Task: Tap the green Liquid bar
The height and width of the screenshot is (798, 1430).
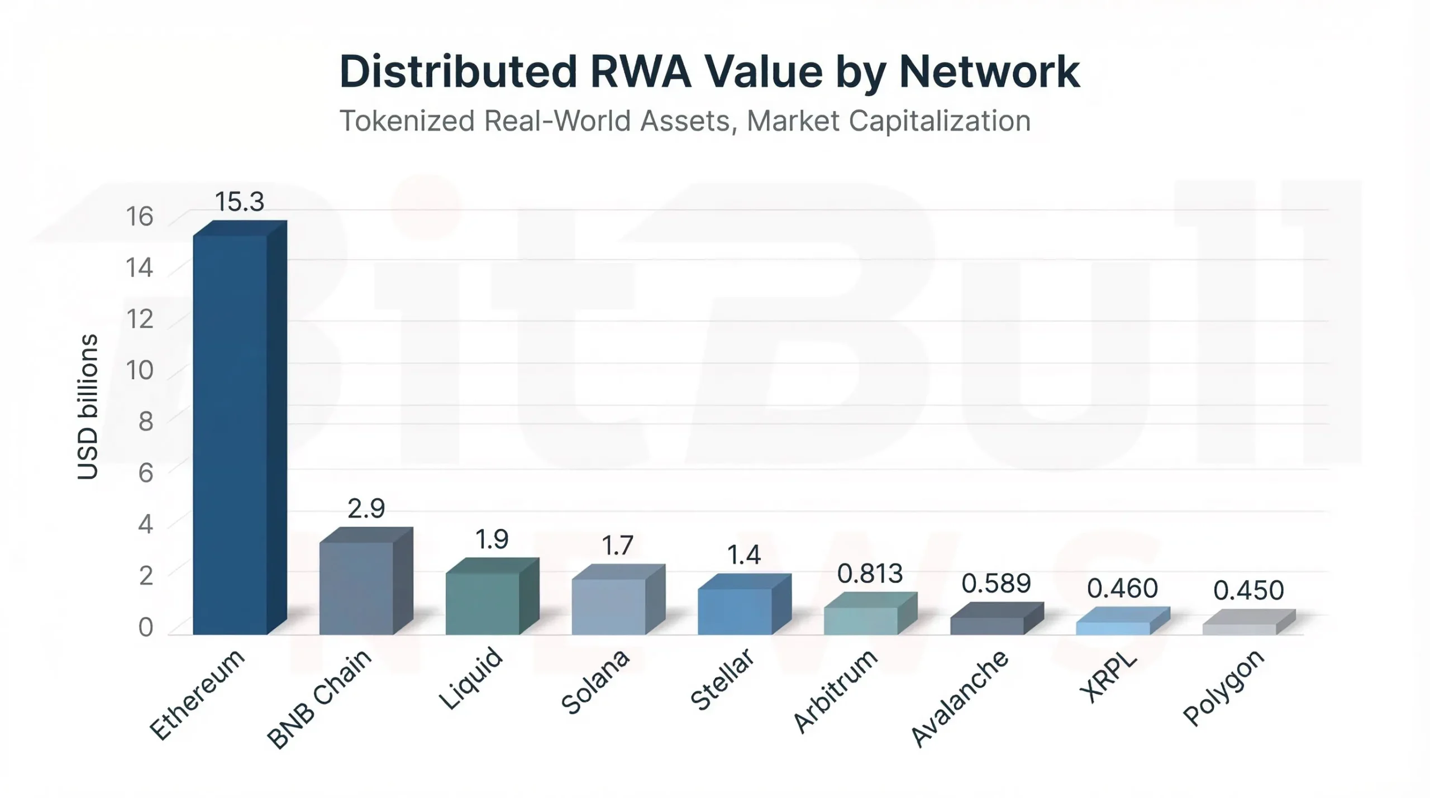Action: (483, 603)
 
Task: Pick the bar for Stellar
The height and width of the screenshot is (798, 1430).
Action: (735, 611)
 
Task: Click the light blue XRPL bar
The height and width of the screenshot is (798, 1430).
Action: (1113, 628)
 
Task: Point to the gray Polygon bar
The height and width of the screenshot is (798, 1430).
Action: (1239, 629)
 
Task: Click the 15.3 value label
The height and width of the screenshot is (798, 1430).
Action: (239, 202)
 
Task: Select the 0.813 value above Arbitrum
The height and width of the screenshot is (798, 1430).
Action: (870, 574)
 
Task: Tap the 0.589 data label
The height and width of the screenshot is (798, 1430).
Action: (996, 584)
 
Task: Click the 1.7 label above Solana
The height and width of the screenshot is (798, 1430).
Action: (617, 545)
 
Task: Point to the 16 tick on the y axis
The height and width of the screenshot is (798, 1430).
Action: (139, 217)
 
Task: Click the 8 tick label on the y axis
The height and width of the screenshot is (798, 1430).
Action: (145, 422)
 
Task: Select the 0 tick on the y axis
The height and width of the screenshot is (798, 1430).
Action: (145, 627)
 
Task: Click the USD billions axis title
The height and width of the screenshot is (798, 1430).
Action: (88, 407)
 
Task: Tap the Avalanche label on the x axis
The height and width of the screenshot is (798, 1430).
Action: (959, 698)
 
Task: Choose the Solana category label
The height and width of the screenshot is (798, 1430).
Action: (594, 682)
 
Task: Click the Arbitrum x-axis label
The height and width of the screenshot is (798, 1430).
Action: (835, 691)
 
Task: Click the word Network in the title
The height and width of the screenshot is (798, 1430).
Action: (989, 71)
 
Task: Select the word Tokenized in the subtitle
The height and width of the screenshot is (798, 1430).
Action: (407, 121)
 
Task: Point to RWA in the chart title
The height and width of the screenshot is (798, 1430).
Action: (640, 71)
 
